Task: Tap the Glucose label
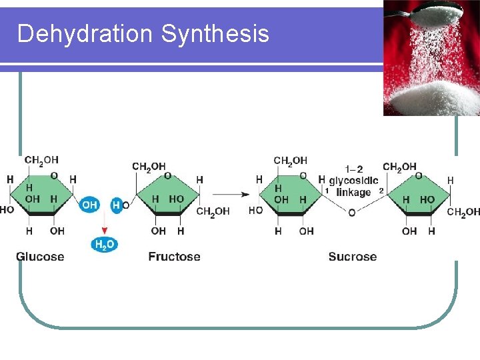(x=40, y=257)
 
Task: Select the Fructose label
(x=174, y=257)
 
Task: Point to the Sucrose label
(x=352, y=257)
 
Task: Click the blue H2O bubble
(x=103, y=245)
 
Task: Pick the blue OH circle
(x=90, y=205)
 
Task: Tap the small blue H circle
(x=116, y=205)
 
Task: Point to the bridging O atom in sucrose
(x=351, y=213)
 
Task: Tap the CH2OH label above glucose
(x=41, y=160)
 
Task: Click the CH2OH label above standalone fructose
(x=149, y=167)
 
